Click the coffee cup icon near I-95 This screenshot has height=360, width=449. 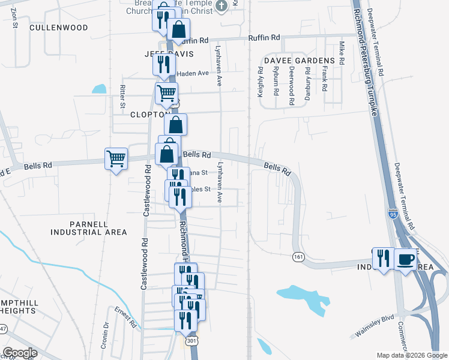[x=406, y=259]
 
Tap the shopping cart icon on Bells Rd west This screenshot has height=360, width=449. [x=116, y=159]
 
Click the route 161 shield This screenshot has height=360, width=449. [x=298, y=257]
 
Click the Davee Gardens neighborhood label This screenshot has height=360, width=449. [x=298, y=61]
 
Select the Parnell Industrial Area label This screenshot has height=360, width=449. [x=89, y=228]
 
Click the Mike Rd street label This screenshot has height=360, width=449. [x=342, y=53]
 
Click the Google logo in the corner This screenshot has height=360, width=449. [x=19, y=353]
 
